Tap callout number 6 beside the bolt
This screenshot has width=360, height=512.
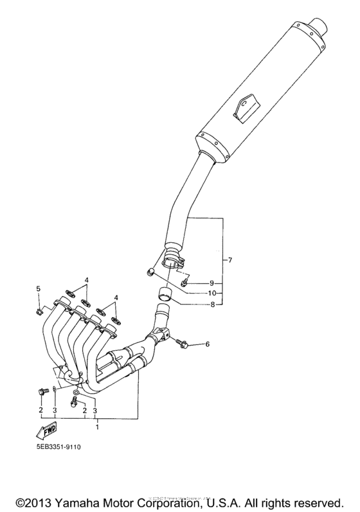(x=208, y=345)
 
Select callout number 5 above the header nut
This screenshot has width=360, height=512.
(x=38, y=289)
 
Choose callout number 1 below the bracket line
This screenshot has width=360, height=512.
(x=96, y=426)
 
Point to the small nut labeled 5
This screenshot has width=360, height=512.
(x=39, y=312)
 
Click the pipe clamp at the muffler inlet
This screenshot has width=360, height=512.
(x=174, y=261)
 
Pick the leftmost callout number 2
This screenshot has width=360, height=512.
(x=40, y=409)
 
